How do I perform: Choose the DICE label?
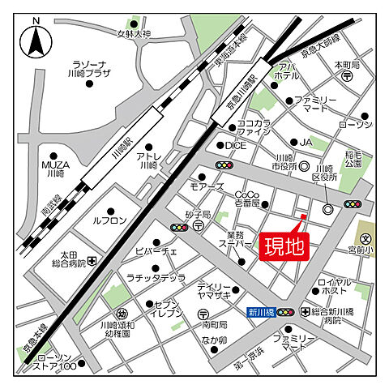point(235,145)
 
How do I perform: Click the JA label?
point(306,142)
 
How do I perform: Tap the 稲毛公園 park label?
point(353,157)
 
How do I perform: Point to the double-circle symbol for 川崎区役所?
point(327,209)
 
